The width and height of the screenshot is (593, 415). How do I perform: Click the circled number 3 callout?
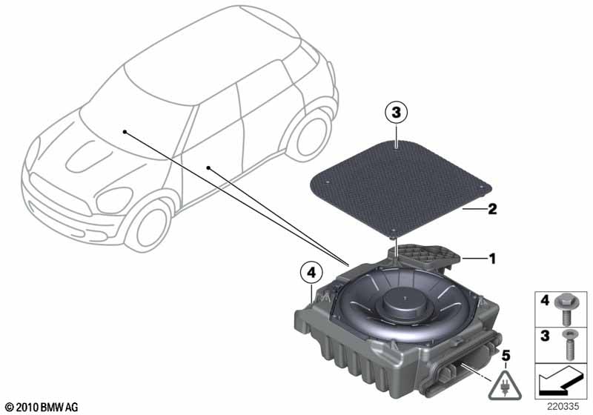(x=396, y=112)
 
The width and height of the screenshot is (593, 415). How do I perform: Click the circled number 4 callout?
(x=311, y=273)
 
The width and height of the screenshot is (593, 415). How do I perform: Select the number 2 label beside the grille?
(x=492, y=209)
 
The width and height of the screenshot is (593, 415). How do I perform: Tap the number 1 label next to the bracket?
(x=491, y=259)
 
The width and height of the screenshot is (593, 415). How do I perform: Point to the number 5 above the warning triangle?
(x=506, y=356)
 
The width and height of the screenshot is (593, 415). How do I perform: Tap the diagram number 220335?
(x=563, y=407)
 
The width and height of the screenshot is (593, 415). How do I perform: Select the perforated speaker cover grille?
(x=400, y=187)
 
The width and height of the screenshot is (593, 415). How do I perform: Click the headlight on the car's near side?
(x=114, y=200)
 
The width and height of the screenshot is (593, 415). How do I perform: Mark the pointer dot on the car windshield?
(x=125, y=131)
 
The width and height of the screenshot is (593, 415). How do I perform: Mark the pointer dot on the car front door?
(x=208, y=167)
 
